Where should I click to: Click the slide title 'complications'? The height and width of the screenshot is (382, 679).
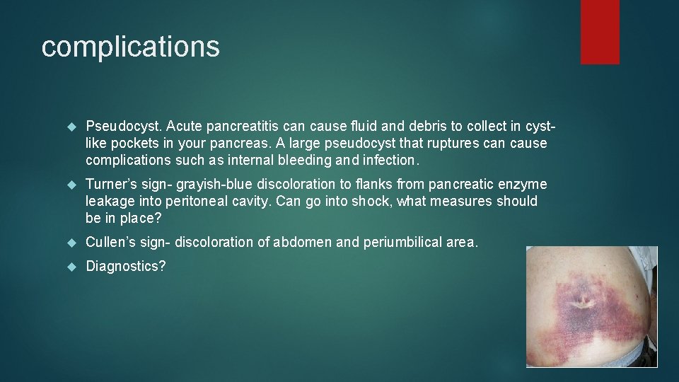[x=130, y=47]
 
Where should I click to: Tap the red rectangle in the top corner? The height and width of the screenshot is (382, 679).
[x=600, y=32]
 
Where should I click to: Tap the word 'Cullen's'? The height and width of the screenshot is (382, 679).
[x=109, y=243]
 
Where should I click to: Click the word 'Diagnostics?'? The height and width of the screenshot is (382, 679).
[x=125, y=267]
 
